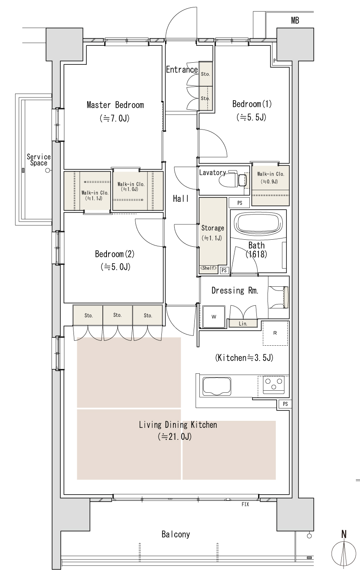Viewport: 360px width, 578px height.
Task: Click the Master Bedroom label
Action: [x=115, y=105]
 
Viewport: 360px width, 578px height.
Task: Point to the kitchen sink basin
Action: [x=217, y=386]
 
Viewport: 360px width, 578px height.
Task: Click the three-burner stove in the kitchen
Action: [x=274, y=385]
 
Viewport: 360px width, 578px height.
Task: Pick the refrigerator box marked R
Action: [x=275, y=333]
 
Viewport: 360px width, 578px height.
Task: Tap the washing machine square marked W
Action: [x=214, y=317]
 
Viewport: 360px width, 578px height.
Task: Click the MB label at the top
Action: [x=295, y=20]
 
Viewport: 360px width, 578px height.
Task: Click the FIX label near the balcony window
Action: [x=245, y=504]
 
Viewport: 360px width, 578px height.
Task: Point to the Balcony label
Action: [x=175, y=534]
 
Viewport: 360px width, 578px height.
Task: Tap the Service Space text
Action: [x=39, y=160]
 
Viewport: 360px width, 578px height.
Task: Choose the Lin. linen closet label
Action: [x=243, y=323]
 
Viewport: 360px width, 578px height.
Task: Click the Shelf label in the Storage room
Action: [x=208, y=268]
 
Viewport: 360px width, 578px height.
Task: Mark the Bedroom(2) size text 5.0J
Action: [x=116, y=267]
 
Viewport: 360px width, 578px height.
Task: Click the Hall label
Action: [x=181, y=199]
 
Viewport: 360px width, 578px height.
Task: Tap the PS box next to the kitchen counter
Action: [x=285, y=404]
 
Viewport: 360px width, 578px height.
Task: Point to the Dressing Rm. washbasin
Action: [x=278, y=297]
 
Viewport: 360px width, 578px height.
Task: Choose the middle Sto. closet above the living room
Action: [x=118, y=315]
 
